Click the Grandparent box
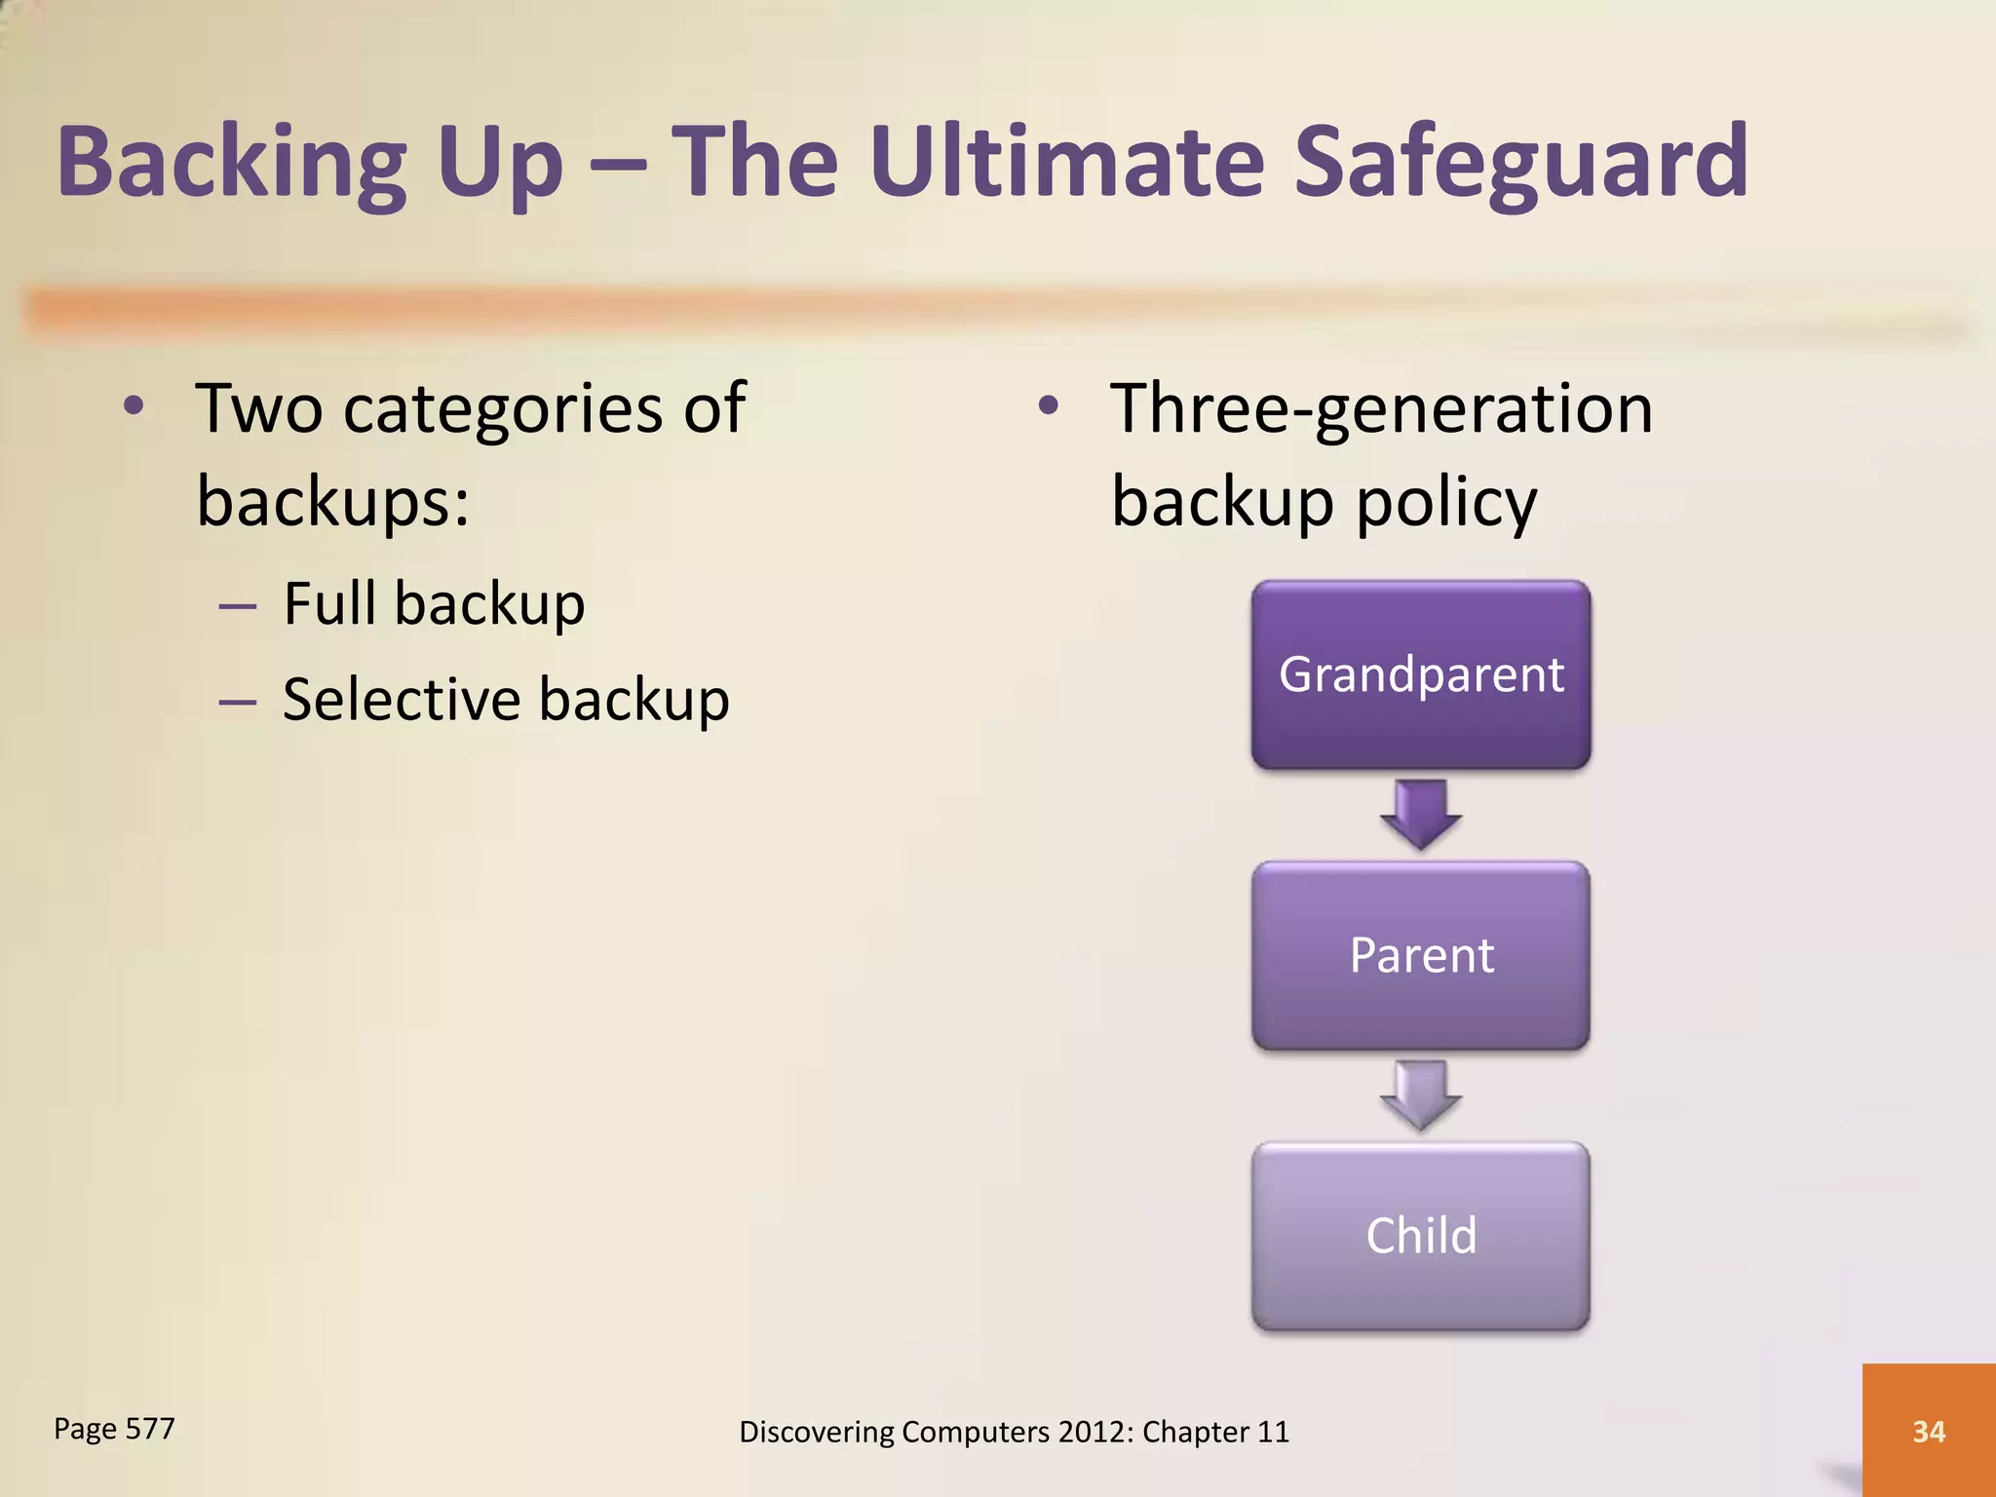[1421, 674]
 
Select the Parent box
[1421, 955]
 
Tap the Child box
[1421, 1236]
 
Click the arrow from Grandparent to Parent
[1421, 814]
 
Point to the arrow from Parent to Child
[1421, 1094]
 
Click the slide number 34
[1929, 1431]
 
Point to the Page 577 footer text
[114, 1429]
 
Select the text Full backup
[434, 603]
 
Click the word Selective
[402, 700]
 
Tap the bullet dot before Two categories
[134, 405]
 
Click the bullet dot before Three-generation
[1048, 405]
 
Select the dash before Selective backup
[238, 701]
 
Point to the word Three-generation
[1381, 408]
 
